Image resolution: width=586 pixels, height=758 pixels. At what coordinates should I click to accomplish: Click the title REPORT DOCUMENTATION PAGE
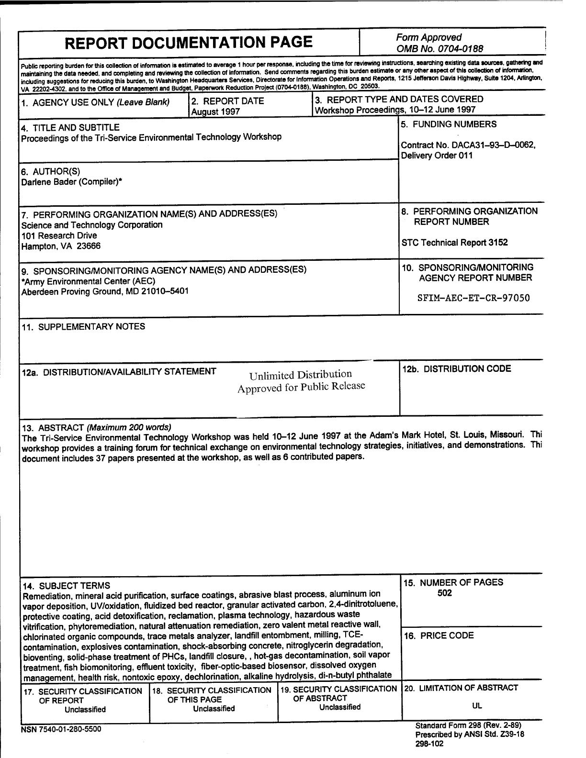click(188, 43)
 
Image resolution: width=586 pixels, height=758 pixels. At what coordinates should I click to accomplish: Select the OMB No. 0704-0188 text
click(439, 48)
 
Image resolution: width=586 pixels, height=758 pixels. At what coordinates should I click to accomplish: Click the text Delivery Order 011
click(437, 156)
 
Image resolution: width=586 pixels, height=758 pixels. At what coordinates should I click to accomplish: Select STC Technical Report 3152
click(454, 243)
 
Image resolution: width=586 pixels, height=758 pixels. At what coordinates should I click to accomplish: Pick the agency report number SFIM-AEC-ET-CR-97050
click(473, 298)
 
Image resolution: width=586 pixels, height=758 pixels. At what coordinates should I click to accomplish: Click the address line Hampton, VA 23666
click(61, 246)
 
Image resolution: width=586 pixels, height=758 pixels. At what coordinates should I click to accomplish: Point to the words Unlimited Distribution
click(300, 375)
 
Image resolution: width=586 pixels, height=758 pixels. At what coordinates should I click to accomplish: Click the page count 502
click(444, 593)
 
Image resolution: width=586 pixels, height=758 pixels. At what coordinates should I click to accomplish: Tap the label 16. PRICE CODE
click(439, 636)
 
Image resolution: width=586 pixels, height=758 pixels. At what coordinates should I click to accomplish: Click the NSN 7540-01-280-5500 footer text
click(61, 730)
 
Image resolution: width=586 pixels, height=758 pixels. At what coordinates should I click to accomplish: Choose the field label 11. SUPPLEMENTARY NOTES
click(83, 327)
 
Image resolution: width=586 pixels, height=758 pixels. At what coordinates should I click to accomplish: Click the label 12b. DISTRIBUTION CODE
click(456, 369)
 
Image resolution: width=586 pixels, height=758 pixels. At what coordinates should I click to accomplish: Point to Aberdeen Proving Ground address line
click(105, 291)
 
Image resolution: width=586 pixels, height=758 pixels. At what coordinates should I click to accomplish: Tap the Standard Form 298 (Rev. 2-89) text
click(468, 725)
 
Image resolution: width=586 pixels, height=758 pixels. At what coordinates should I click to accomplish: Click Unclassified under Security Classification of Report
click(85, 710)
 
